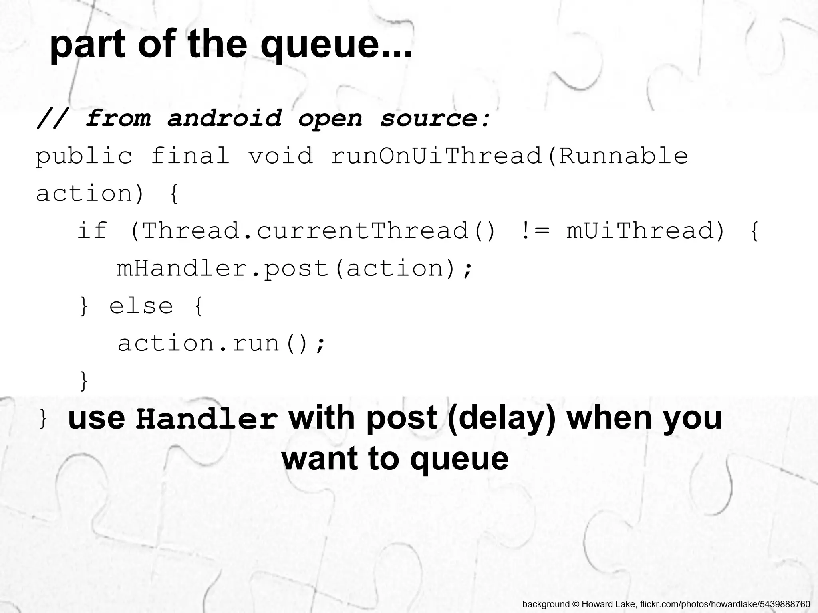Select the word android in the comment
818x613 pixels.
coord(224,118)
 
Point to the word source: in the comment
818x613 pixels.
coord(435,118)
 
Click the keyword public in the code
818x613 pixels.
coord(84,156)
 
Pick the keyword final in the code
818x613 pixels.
coord(190,156)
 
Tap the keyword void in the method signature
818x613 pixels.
coord(280,156)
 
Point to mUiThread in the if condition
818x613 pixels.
coord(639,231)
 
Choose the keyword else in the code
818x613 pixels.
coord(141,306)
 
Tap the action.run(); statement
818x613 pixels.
coord(222,343)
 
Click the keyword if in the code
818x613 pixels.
coord(92,231)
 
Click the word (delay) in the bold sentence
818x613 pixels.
coord(502,418)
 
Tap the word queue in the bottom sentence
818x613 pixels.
coord(459,459)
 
